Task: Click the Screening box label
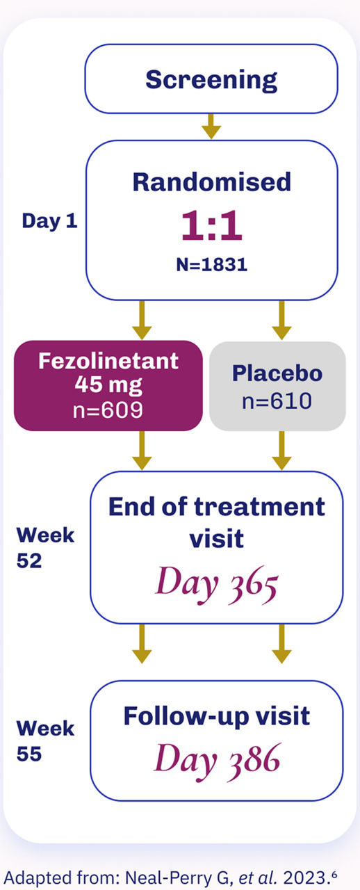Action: click(x=211, y=81)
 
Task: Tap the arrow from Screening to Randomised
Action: click(x=211, y=127)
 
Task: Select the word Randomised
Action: click(x=212, y=182)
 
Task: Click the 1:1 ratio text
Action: click(x=212, y=226)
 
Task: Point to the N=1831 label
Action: click(x=212, y=265)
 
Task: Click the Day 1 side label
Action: click(x=49, y=221)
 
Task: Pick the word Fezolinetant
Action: click(x=108, y=361)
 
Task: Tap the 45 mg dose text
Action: click(x=108, y=385)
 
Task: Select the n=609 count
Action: click(x=108, y=410)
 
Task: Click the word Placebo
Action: click(x=277, y=373)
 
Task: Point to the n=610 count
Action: click(x=277, y=400)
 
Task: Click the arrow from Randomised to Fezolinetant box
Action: click(x=142, y=321)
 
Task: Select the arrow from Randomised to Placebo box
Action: click(x=281, y=321)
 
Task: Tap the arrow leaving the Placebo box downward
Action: click(x=281, y=451)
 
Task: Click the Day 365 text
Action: click(x=217, y=584)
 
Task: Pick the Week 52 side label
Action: click(x=45, y=548)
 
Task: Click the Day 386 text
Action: click(x=217, y=761)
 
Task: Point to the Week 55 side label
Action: click(x=45, y=741)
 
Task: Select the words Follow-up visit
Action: click(x=217, y=717)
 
